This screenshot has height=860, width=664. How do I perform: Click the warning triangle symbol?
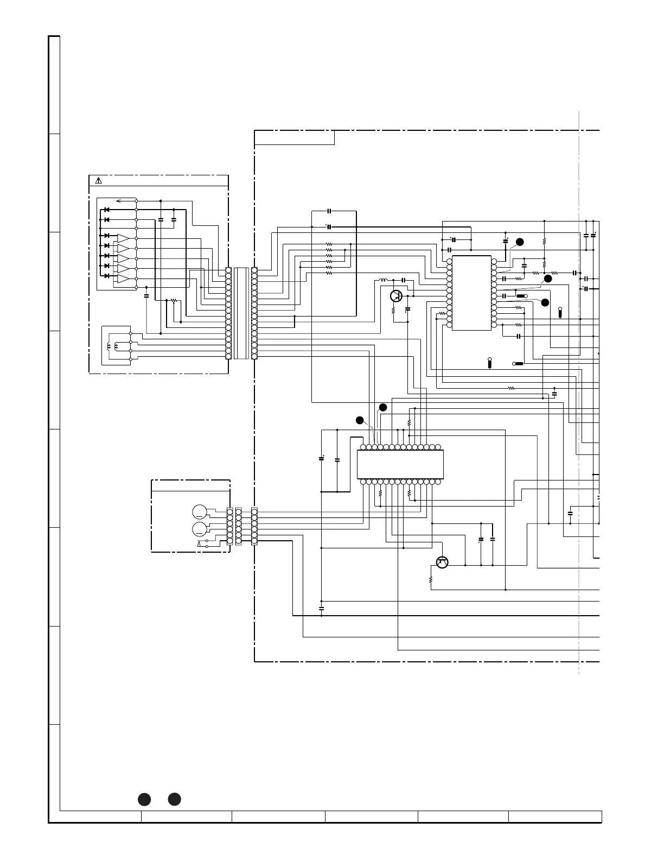(98, 181)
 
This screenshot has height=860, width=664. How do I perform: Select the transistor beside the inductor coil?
(397, 296)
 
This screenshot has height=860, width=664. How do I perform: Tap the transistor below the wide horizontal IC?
(442, 562)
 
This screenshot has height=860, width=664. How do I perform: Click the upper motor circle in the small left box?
(200, 511)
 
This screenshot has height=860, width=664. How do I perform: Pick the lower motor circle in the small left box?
(200, 529)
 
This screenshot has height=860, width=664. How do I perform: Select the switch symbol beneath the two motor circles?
(203, 543)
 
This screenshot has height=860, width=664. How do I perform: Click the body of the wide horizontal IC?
(400, 464)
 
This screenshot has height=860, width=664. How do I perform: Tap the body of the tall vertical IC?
(471, 293)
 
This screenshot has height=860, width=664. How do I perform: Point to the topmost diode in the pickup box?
(107, 210)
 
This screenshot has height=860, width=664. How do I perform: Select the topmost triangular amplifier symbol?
(123, 239)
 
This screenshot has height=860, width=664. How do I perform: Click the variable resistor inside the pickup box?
(174, 300)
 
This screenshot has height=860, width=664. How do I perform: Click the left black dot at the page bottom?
(144, 799)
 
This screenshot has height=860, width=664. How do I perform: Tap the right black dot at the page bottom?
(174, 799)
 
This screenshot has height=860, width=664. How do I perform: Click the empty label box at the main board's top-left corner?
(295, 138)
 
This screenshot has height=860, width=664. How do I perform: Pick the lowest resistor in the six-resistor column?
(329, 273)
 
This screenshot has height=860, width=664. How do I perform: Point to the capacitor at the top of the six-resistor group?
(329, 211)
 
